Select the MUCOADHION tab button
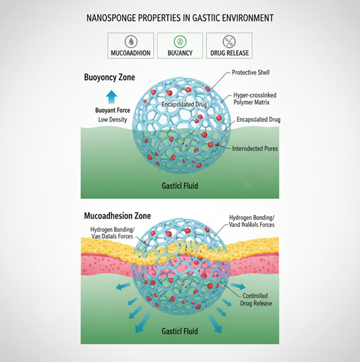[130, 53]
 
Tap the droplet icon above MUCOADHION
[130, 41]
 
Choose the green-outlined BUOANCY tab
[180, 53]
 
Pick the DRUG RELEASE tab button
[229, 53]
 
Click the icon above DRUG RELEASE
[229, 41]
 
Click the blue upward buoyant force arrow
[112, 97]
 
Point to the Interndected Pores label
[255, 148]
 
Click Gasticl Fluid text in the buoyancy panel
[180, 185]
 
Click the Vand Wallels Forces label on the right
[252, 224]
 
